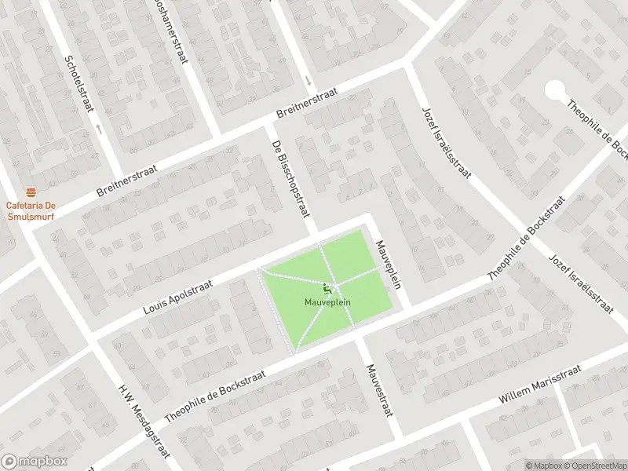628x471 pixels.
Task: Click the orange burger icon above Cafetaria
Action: pos(31,192)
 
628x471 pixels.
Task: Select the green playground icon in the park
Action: pos(327,289)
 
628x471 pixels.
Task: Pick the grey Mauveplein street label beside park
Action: pos(389,264)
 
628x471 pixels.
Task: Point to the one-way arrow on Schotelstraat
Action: pos(99,126)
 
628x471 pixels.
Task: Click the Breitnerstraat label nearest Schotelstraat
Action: pos(126,181)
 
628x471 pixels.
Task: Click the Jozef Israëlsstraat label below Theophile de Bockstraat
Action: pos(580,283)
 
